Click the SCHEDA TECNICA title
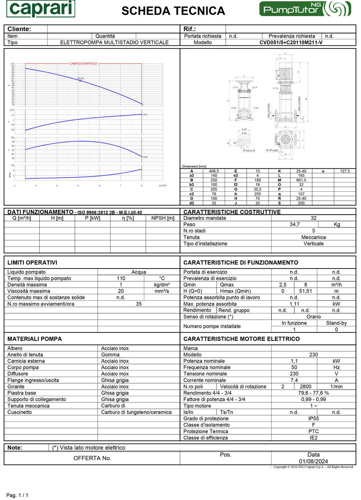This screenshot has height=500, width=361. coord(173,11)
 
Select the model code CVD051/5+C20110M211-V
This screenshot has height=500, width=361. coord(291,42)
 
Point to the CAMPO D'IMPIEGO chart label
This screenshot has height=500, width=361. coord(83,64)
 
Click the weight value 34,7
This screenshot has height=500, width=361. coord(294,224)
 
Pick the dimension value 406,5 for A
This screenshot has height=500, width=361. coord(214,171)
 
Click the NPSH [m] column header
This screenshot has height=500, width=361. coord(163,218)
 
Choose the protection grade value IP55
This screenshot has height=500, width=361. coord(313,419)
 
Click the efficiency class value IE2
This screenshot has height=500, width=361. coord(313,438)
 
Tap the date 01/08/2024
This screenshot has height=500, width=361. coord(313,461)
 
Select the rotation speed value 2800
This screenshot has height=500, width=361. coord(305,387)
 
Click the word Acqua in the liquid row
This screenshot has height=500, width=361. coord(139,272)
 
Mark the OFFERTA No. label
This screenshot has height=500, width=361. coord(92,458)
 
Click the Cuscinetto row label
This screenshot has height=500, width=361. coord(20,412)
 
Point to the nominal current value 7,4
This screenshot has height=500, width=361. coord(294,380)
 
